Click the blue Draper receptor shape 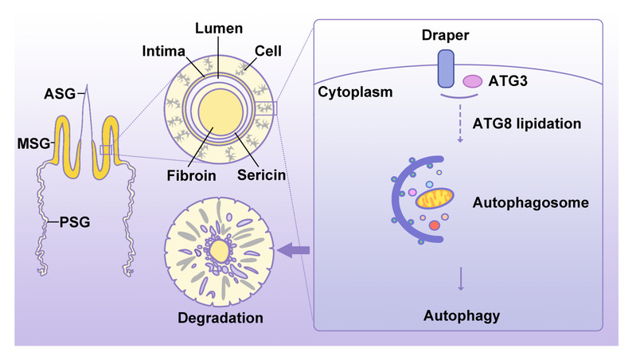tap(445, 68)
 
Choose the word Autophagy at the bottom tap(462, 315)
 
